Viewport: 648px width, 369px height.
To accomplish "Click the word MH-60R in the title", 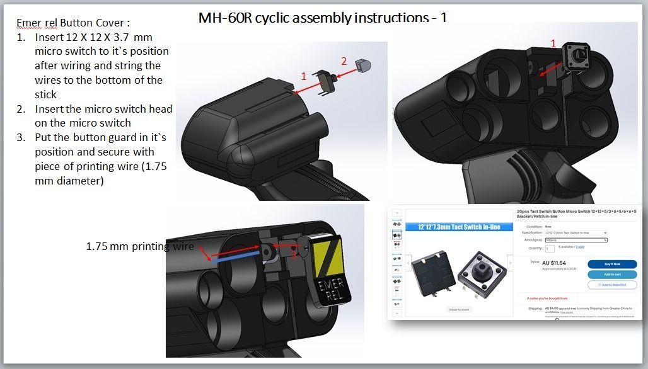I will pyautogui.click(x=225, y=17).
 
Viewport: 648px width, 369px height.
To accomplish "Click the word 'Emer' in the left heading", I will pyautogui.click(x=28, y=23).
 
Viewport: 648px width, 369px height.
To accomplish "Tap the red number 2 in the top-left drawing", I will pyautogui.click(x=344, y=61).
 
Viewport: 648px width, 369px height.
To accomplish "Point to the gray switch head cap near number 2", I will pyautogui.click(x=362, y=65).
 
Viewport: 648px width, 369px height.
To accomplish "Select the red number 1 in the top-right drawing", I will pyautogui.click(x=553, y=43).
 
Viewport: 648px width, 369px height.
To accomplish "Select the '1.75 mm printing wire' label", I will pyautogui.click(x=140, y=246).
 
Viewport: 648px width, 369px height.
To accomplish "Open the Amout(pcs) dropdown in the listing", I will pyautogui.click(x=576, y=240).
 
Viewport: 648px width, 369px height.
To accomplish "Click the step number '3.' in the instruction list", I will pyautogui.click(x=21, y=137).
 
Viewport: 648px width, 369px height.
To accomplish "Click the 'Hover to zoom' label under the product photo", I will pyautogui.click(x=458, y=310).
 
